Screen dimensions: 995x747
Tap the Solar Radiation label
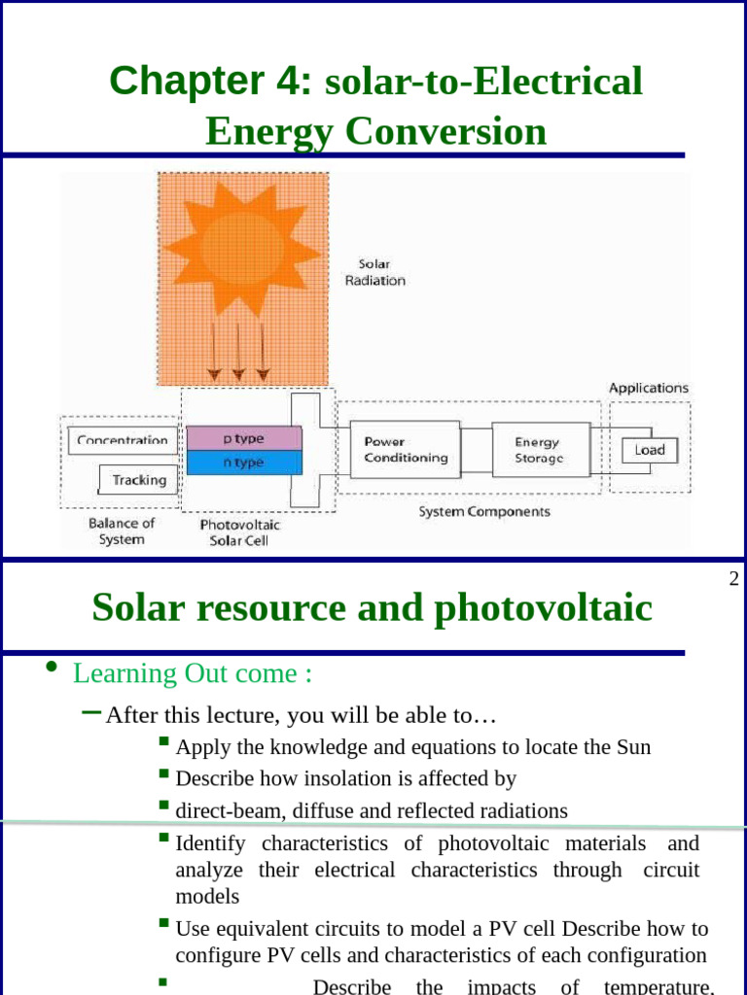click(x=374, y=272)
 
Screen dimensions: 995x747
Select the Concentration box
click(x=123, y=440)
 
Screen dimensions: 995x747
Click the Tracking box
click(x=139, y=480)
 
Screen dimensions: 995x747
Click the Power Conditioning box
click(x=406, y=449)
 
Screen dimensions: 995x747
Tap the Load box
click(x=649, y=450)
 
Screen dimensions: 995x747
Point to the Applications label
click(x=649, y=388)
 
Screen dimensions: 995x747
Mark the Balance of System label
click(x=122, y=531)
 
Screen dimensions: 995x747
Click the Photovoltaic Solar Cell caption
click(x=239, y=532)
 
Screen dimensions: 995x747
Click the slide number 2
click(x=733, y=580)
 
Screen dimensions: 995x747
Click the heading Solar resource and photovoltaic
click(x=373, y=608)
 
